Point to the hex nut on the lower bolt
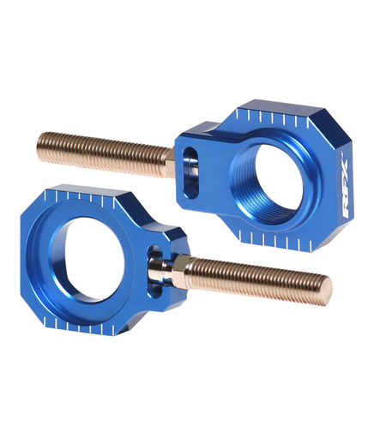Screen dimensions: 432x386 pyautogui.click(x=172, y=274)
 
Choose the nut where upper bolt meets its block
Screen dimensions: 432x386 pyautogui.click(x=178, y=159)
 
